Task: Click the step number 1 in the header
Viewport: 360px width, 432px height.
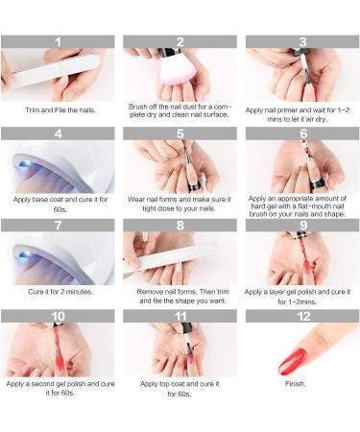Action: pyautogui.click(x=58, y=42)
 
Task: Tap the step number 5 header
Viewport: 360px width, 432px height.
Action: pyautogui.click(x=180, y=133)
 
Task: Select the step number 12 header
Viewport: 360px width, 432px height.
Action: pyautogui.click(x=303, y=317)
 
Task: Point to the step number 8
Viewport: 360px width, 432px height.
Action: pyautogui.click(x=180, y=226)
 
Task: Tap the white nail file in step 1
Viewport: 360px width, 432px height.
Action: pyautogui.click(x=54, y=72)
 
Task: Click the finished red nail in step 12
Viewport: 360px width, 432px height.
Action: pyautogui.click(x=293, y=362)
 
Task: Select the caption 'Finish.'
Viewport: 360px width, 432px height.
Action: pyautogui.click(x=295, y=384)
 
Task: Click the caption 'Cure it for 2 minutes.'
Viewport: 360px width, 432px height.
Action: pyautogui.click(x=60, y=292)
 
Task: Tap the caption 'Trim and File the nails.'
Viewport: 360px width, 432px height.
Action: pyautogui.click(x=60, y=110)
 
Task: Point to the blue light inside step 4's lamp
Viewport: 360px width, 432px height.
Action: pyautogui.click(x=24, y=165)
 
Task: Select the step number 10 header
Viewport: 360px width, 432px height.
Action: pyautogui.click(x=58, y=317)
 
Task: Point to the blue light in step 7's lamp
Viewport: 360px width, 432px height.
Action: pyautogui.click(x=24, y=255)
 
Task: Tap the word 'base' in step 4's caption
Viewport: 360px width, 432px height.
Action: pyautogui.click(x=40, y=200)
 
